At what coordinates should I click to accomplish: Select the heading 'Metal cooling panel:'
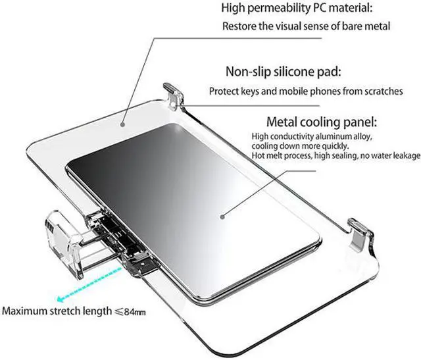[x=312, y=122]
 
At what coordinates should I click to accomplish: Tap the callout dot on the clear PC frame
[x=122, y=122]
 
